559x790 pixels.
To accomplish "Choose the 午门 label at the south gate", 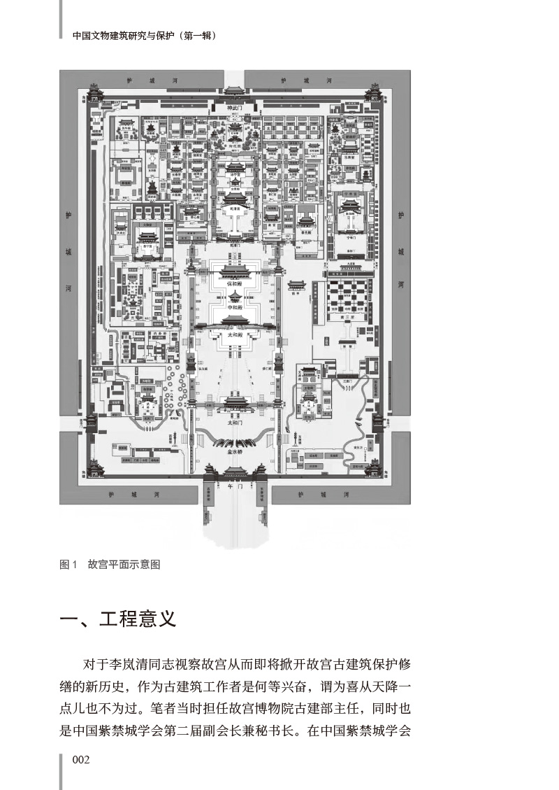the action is (x=234, y=484).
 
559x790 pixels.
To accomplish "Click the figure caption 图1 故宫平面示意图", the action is (x=110, y=565).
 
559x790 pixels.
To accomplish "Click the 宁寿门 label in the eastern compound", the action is (x=351, y=237).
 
